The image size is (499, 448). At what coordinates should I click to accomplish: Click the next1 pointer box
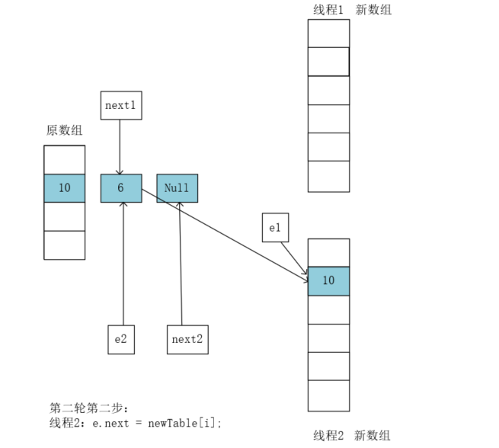pyautogui.click(x=121, y=106)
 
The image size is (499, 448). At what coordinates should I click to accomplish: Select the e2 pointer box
pyautogui.click(x=121, y=339)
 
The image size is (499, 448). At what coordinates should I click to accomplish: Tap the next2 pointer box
pyautogui.click(x=187, y=339)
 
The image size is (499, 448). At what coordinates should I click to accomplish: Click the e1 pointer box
pyautogui.click(x=275, y=228)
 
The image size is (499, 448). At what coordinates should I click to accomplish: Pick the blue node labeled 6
pyautogui.click(x=121, y=188)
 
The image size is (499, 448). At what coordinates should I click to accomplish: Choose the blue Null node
pyautogui.click(x=177, y=188)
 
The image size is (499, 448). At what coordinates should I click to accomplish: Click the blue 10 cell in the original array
pyautogui.click(x=64, y=188)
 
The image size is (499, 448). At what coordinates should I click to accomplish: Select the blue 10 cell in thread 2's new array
pyautogui.click(x=328, y=281)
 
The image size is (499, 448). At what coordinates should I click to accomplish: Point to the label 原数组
pyautogui.click(x=64, y=130)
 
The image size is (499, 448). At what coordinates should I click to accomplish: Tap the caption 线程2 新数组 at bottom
pyautogui.click(x=352, y=436)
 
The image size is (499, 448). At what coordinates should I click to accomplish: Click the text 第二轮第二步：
pyautogui.click(x=84, y=408)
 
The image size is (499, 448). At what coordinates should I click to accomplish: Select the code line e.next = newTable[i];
pyautogui.click(x=160, y=422)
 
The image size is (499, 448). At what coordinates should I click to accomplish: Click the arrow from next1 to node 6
pyautogui.click(x=120, y=145)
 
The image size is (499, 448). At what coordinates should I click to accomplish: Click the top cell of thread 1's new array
pyautogui.click(x=328, y=33)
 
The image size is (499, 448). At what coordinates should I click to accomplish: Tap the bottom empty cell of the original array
pyautogui.click(x=64, y=245)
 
